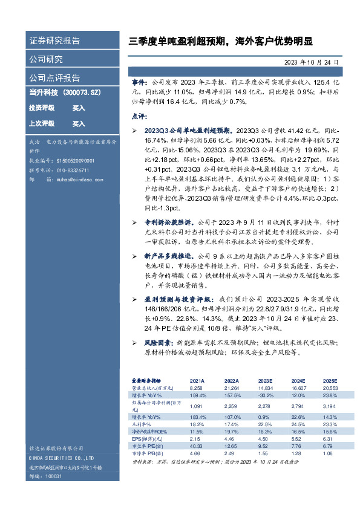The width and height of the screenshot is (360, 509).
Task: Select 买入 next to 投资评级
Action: [79, 108]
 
